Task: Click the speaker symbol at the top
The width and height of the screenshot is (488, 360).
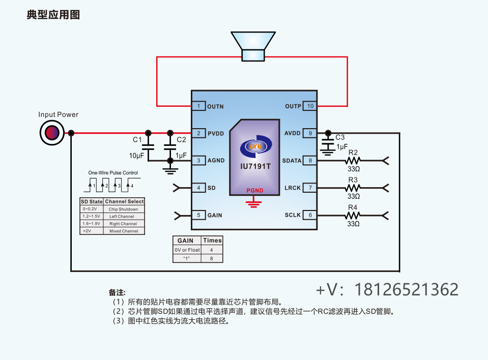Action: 253,47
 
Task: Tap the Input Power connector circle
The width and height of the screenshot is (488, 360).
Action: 52,133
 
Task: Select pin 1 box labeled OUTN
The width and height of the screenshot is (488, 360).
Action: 198,106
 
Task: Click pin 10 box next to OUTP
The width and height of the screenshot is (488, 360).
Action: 310,106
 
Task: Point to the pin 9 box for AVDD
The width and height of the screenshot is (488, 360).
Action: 310,133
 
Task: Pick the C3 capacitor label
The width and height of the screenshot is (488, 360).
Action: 340,137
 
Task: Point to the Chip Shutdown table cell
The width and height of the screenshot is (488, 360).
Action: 124,209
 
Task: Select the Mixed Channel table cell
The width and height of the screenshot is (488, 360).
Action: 124,231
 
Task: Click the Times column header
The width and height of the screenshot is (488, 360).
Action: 212,241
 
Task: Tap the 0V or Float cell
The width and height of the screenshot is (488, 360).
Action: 187,250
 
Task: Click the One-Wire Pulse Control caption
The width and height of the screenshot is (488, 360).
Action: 113,173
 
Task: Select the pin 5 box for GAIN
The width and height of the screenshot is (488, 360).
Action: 198,215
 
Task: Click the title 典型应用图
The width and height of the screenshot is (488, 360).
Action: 53,15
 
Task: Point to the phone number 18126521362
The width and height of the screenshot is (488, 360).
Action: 406,289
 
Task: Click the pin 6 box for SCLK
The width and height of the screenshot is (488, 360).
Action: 310,215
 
